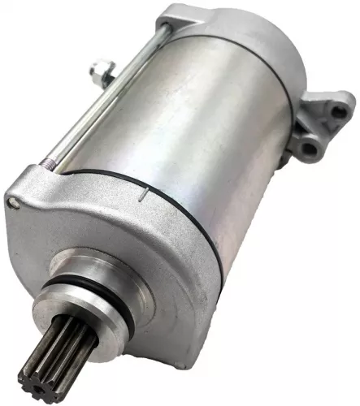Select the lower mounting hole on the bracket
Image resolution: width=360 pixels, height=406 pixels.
[309, 146]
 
